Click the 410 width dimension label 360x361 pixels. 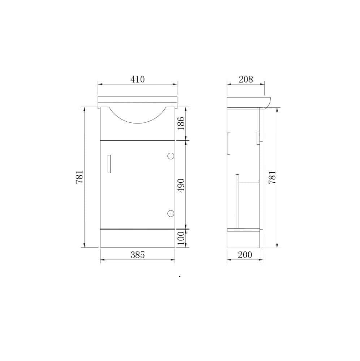pos(138,79)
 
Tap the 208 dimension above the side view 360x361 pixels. pos(246,79)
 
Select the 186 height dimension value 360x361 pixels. pos(182,123)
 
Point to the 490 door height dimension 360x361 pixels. pos(182,185)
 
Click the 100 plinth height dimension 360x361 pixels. pos(182,238)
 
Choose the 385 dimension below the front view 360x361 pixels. pos(138,255)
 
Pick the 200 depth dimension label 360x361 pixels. pos(245,255)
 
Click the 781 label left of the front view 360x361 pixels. pos(80,177)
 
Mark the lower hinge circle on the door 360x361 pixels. pos(171,213)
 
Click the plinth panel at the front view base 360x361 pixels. pos(137,238)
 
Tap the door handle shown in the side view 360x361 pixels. pos(228,144)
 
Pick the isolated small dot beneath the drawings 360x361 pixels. pos(180,277)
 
